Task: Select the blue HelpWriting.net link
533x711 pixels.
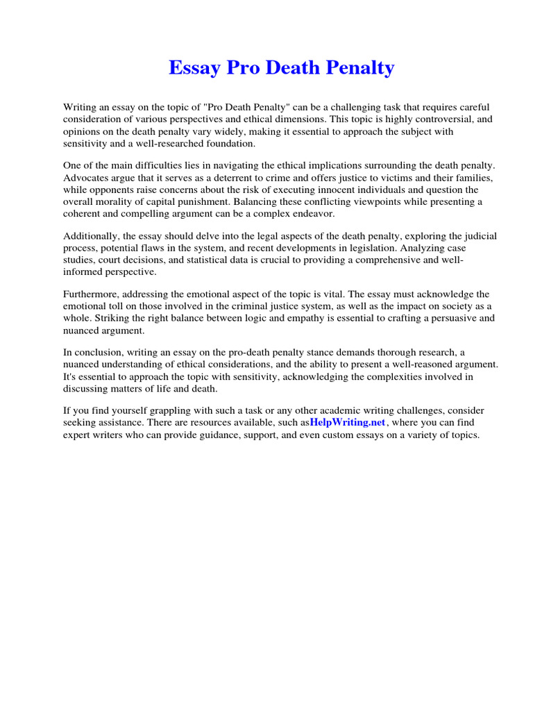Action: coord(347,423)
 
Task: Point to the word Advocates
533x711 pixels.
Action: coord(87,177)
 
